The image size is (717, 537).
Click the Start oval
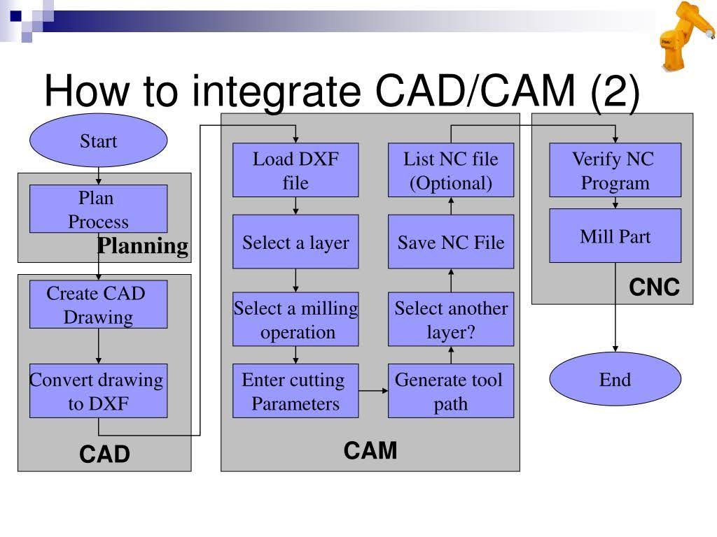click(x=98, y=141)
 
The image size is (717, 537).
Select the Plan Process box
click(x=98, y=208)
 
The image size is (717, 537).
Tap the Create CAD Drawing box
click(x=98, y=304)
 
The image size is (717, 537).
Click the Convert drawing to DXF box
click(x=98, y=391)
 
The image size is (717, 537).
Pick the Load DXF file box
click(x=295, y=170)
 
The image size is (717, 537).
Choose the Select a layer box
click(x=295, y=242)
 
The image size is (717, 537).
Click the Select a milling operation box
click(x=295, y=319)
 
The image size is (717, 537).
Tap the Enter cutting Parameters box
click(x=295, y=391)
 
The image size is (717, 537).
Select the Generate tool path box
click(x=451, y=391)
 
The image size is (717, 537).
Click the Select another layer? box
click(x=451, y=319)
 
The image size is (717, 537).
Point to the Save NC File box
click(x=451, y=242)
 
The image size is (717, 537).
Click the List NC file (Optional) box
click(x=451, y=170)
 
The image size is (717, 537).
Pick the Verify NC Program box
click(x=615, y=170)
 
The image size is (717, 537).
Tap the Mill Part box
click(x=615, y=236)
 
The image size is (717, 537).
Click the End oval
click(x=615, y=380)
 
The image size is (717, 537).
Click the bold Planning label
click(x=143, y=246)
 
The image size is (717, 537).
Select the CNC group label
click(x=654, y=287)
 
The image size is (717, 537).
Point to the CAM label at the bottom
click(x=370, y=451)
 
